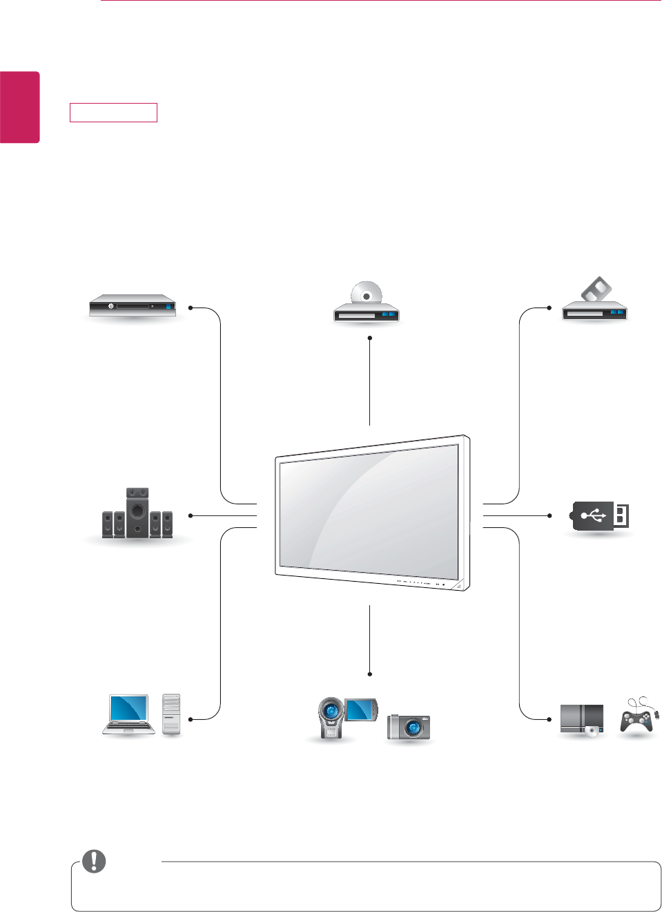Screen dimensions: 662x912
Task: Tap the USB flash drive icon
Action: (600, 515)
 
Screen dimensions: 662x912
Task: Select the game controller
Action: (636, 719)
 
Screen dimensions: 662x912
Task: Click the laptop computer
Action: (129, 714)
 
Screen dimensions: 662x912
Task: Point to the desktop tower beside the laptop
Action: (171, 714)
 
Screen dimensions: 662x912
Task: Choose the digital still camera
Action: (409, 727)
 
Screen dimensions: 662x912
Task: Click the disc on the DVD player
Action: (367, 293)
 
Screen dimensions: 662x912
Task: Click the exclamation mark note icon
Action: (94, 861)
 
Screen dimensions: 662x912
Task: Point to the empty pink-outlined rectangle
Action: (113, 113)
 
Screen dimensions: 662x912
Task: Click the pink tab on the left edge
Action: (19, 107)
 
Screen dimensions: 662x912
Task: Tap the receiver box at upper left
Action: (132, 305)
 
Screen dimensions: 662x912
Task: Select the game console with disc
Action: (582, 720)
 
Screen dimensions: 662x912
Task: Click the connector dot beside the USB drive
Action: (549, 515)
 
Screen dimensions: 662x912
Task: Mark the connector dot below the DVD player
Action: (370, 338)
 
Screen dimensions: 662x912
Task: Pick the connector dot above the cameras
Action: (370, 674)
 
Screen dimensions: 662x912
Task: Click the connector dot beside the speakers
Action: (190, 515)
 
